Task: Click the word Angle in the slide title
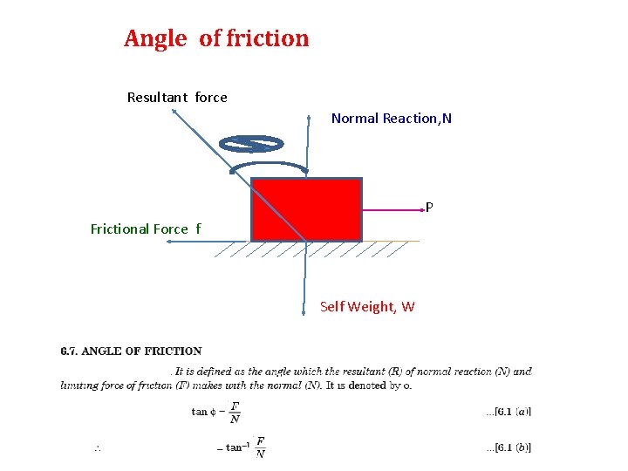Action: [155, 39]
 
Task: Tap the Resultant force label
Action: [177, 98]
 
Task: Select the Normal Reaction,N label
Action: [392, 119]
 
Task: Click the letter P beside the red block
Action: [429, 208]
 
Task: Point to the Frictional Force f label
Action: [146, 229]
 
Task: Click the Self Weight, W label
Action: [367, 307]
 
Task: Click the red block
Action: [306, 209]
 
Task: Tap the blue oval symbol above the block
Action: [251, 144]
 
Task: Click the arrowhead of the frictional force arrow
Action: [168, 242]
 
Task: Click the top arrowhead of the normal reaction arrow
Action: [308, 116]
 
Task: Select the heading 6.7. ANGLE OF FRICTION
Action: [131, 352]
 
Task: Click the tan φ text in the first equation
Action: [202, 412]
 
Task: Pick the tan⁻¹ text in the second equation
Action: [235, 447]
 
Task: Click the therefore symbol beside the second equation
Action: [98, 448]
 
